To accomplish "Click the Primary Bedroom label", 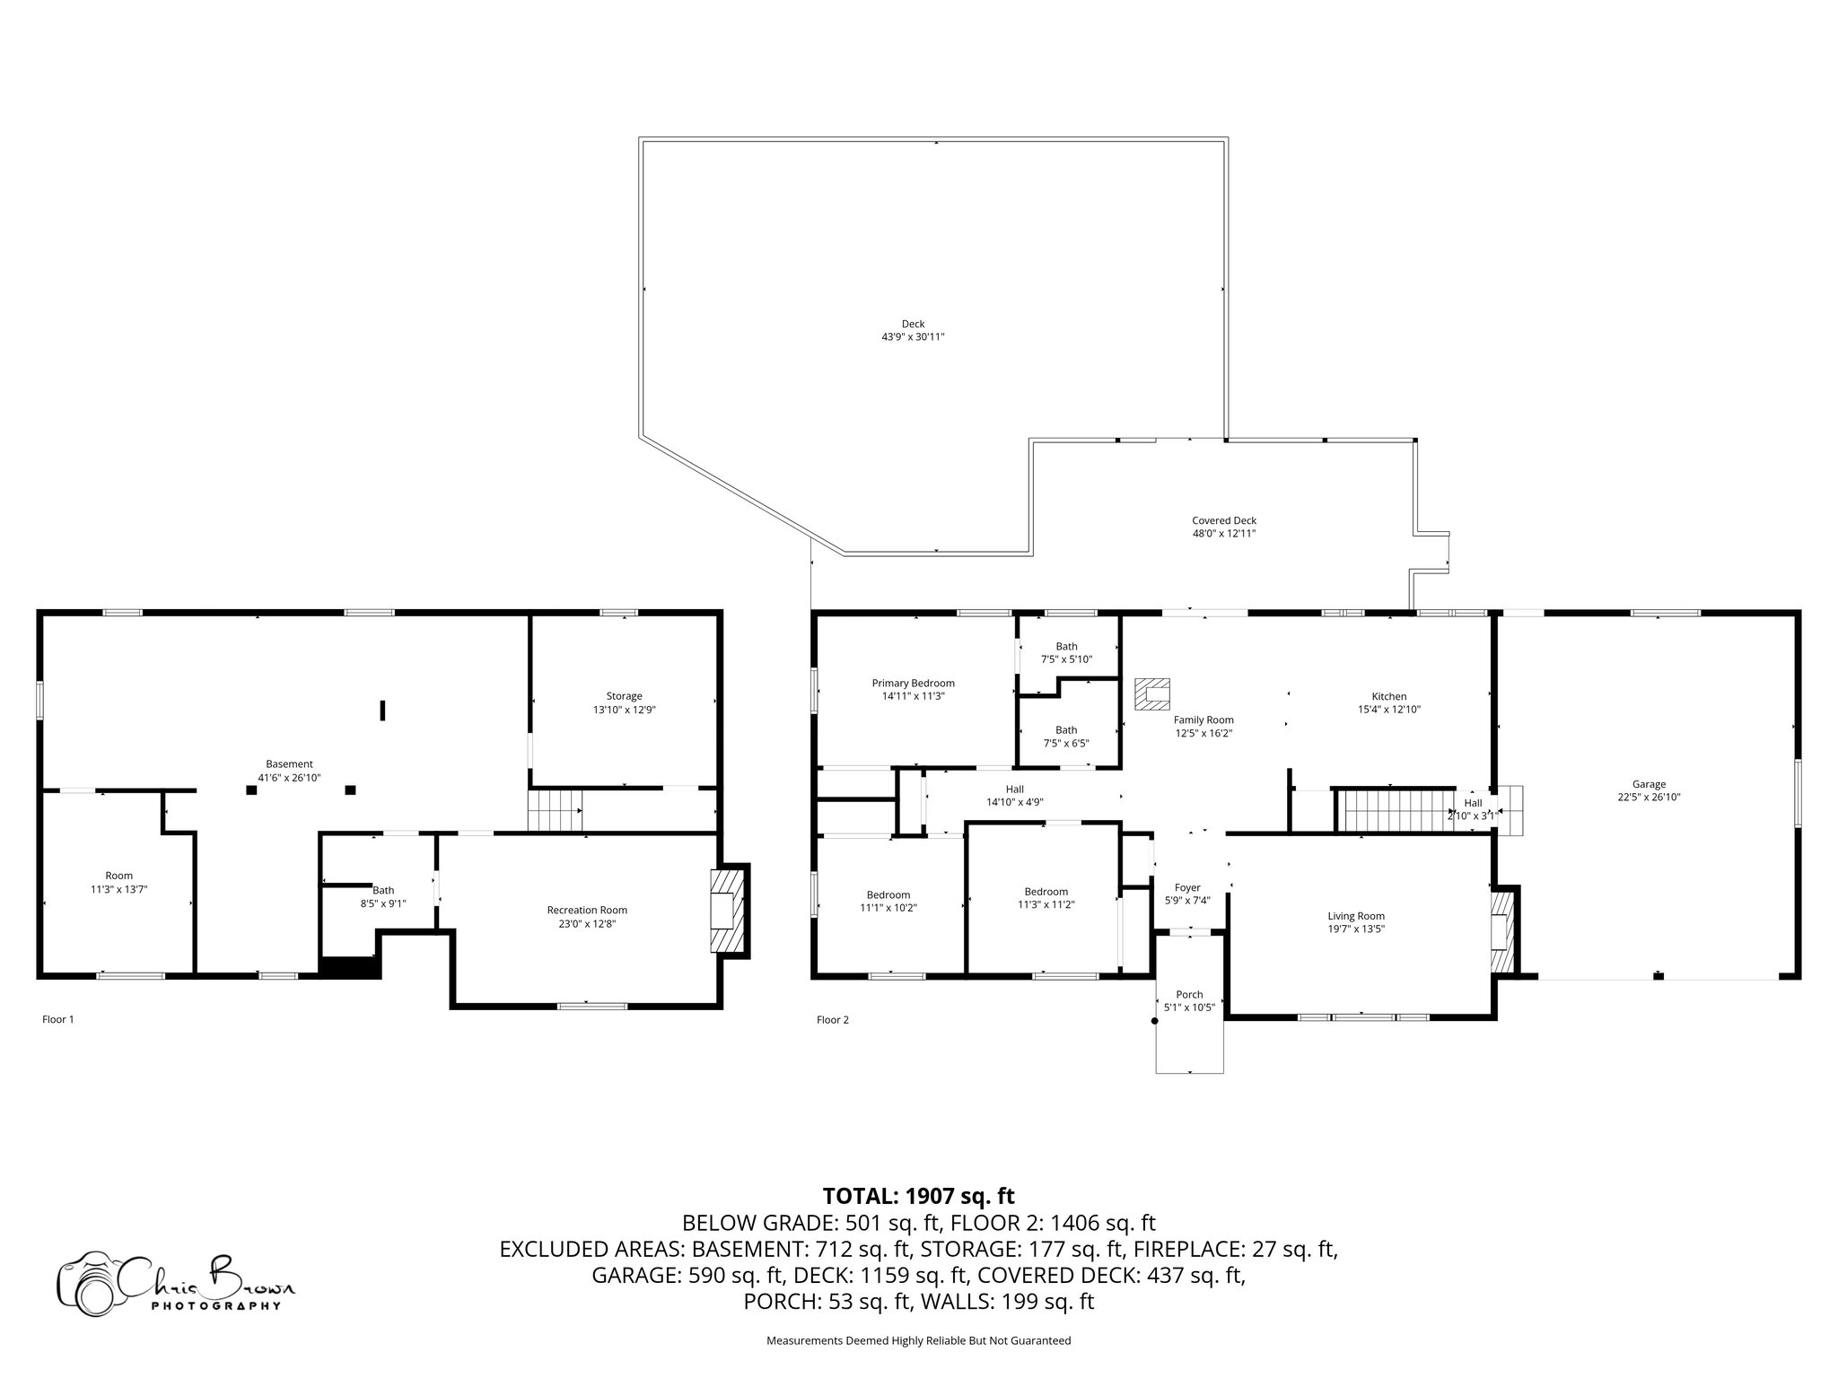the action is [x=913, y=683].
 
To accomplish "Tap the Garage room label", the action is [x=1650, y=784].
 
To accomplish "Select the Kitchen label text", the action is [x=1389, y=696].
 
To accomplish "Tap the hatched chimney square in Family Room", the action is [x=1153, y=693].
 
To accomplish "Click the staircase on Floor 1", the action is [x=555, y=810].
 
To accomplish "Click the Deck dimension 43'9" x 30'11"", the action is [x=914, y=336].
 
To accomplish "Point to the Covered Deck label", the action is [x=1224, y=520].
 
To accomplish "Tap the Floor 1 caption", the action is [x=58, y=1019].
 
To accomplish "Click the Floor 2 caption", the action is [x=833, y=1019].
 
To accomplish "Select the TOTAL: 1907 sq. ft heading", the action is [x=919, y=1196].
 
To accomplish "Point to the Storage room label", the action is [x=625, y=696].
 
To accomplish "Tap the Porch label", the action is [x=1190, y=995].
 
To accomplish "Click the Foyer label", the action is [x=1188, y=888].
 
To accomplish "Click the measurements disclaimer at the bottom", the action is [x=919, y=1341].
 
